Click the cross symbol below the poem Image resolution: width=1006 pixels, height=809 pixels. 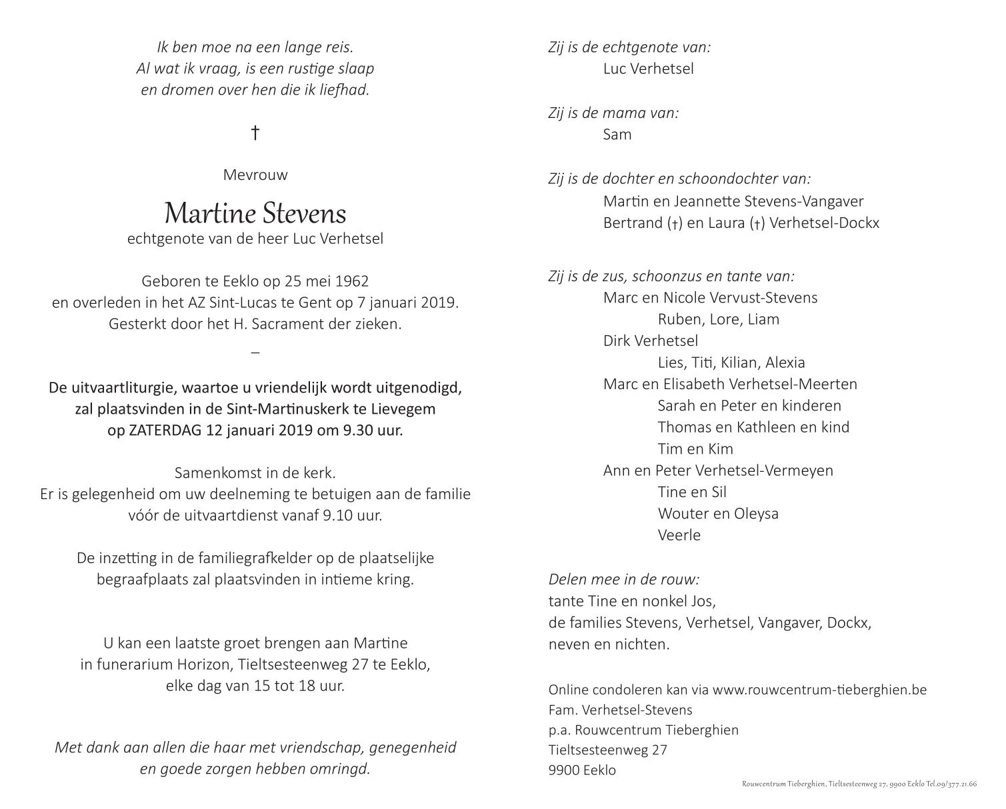click(255, 133)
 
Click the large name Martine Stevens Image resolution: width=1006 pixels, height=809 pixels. click(255, 213)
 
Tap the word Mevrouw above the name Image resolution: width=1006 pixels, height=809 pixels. click(255, 175)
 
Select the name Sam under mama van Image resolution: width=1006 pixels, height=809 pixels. click(617, 135)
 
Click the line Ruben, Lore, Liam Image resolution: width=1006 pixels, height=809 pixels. click(718, 319)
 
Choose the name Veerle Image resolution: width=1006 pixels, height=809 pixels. click(679, 535)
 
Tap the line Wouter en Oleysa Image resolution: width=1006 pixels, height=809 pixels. click(718, 514)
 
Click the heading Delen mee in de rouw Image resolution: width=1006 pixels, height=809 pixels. click(623, 580)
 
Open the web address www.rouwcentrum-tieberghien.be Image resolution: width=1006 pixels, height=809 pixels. click(819, 690)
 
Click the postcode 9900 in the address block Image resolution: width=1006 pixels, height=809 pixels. click(564, 770)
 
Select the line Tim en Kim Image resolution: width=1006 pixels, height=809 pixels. click(695, 449)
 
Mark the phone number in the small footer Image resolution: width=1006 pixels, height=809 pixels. click(955, 784)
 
